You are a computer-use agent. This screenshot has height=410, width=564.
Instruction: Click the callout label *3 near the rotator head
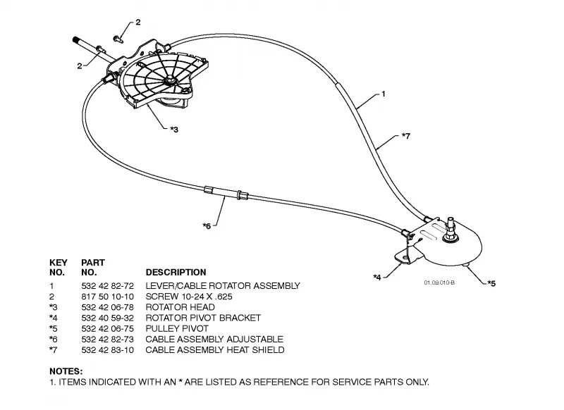[x=174, y=130]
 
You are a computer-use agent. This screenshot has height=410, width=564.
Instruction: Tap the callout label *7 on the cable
[x=406, y=136]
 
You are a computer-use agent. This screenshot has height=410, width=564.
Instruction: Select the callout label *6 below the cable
[x=207, y=226]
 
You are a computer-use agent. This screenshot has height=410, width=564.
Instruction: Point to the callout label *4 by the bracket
[x=377, y=278]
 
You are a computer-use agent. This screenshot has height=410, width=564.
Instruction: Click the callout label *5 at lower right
[x=491, y=283]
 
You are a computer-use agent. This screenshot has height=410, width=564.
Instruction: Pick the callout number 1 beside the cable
[x=384, y=94]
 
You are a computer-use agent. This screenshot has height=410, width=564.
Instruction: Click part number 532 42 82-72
[x=108, y=286]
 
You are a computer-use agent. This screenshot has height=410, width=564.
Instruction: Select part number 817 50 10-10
[x=108, y=297]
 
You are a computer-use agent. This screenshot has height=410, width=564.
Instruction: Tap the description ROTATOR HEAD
[x=180, y=307]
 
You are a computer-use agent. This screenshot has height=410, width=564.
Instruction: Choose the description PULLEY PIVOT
[x=177, y=328]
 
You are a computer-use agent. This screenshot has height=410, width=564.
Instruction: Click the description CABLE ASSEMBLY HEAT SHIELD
[x=215, y=350]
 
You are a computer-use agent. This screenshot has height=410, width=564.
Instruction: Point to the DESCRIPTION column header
[x=176, y=273]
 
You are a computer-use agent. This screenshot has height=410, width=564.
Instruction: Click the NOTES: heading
[x=66, y=371]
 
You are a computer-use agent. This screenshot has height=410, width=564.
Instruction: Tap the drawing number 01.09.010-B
[x=439, y=282]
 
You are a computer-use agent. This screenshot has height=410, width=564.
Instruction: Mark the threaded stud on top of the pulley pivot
[x=450, y=225]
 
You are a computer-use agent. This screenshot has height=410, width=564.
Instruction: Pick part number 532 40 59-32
[x=108, y=318]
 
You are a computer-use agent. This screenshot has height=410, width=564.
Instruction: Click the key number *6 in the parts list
[x=54, y=340]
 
